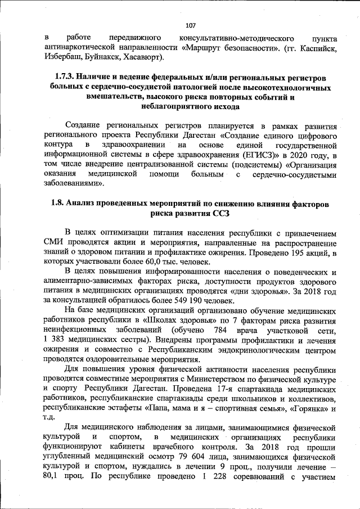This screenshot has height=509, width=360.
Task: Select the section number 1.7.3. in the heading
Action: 65,76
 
